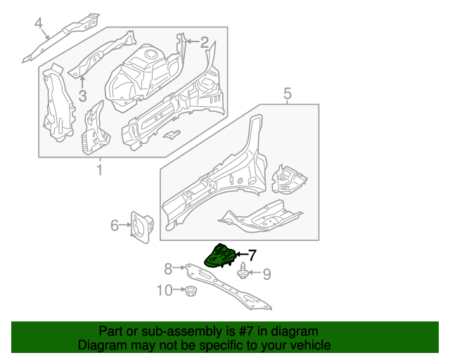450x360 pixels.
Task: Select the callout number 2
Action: tap(204, 42)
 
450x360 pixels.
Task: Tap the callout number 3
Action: tap(82, 96)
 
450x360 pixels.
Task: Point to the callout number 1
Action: tap(99, 169)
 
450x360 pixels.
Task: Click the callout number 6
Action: tap(115, 225)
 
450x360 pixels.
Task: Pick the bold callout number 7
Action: tap(252, 255)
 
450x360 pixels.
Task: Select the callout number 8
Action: tap(168, 268)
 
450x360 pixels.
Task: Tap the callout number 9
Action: tap(266, 274)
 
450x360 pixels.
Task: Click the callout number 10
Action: tap(163, 290)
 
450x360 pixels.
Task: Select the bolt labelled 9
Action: tap(243, 271)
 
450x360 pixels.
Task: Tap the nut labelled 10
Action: tap(189, 290)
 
